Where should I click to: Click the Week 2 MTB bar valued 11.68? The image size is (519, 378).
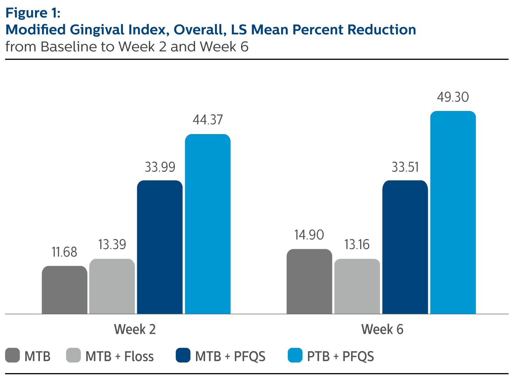pyautogui.click(x=64, y=290)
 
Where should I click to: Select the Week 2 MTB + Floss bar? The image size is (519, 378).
pyautogui.click(x=112, y=286)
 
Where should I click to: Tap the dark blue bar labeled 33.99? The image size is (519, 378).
pyautogui.click(x=160, y=247)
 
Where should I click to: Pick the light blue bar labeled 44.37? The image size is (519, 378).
pyautogui.click(x=208, y=224)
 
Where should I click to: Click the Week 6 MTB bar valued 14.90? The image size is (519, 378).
pyautogui.click(x=309, y=281)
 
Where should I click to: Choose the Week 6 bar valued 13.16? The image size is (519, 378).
pyautogui.click(x=357, y=286)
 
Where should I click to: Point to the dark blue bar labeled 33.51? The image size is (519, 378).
pyautogui.click(x=405, y=247)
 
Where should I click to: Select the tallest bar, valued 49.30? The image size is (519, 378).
pyautogui.click(x=453, y=212)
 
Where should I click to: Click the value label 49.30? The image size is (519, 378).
pyautogui.click(x=453, y=97)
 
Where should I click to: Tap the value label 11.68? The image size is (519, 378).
pyautogui.click(x=64, y=252)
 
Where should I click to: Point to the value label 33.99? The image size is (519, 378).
pyautogui.click(x=160, y=167)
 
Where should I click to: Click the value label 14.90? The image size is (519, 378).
pyautogui.click(x=309, y=235)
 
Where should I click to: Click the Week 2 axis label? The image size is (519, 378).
pyautogui.click(x=135, y=329)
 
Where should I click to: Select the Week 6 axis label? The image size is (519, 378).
pyautogui.click(x=382, y=329)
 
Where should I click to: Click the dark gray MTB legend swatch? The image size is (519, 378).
pyautogui.click(x=13, y=355)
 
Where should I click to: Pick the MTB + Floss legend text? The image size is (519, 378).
pyautogui.click(x=119, y=356)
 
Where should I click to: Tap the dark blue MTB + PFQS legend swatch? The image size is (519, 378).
pyautogui.click(x=183, y=355)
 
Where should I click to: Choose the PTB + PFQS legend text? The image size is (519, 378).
pyautogui.click(x=340, y=356)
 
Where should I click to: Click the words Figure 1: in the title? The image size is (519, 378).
pyautogui.click(x=33, y=13)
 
